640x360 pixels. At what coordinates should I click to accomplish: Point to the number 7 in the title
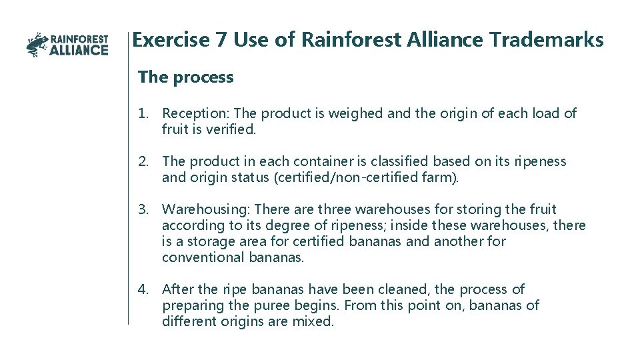[x=221, y=40]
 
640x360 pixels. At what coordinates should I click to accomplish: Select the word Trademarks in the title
[x=547, y=40]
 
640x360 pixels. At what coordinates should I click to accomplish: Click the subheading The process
[x=185, y=77]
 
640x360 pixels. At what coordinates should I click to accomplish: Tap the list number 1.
[x=143, y=113]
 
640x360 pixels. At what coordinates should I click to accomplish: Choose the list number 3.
[x=143, y=209]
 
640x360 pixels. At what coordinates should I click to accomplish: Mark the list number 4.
[x=143, y=289]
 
